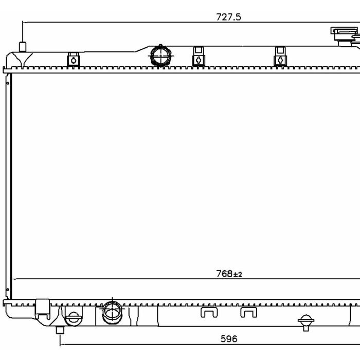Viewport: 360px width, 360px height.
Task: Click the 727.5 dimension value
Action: click(x=228, y=17)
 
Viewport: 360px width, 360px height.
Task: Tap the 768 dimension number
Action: click(x=224, y=274)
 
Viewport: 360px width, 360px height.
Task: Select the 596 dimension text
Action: click(x=229, y=338)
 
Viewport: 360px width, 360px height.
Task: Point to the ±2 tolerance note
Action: click(x=238, y=274)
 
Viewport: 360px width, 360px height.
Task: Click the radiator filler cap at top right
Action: click(x=345, y=37)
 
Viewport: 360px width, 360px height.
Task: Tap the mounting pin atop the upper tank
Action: click(x=23, y=47)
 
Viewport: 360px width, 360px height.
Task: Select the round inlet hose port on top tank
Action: click(x=160, y=56)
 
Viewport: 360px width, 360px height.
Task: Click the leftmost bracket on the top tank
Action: click(x=74, y=60)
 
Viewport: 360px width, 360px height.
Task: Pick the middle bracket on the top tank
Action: click(x=199, y=57)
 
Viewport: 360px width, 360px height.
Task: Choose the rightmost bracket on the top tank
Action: click(x=280, y=57)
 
